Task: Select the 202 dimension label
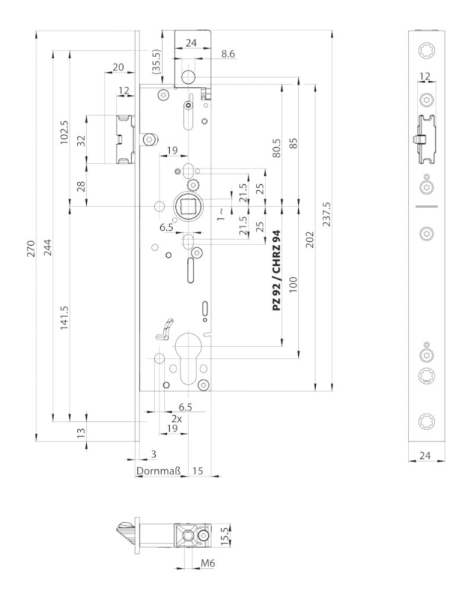coord(309,239)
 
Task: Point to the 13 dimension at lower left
coord(82,431)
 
